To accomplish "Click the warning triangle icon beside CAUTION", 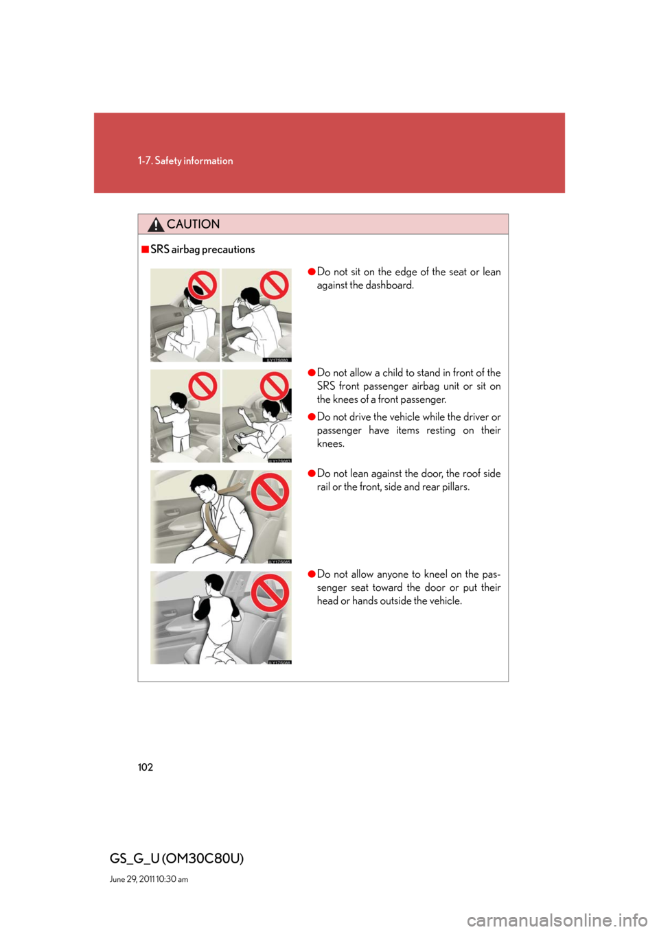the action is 156,224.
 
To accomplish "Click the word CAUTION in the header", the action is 193,224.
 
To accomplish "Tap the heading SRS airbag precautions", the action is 203,250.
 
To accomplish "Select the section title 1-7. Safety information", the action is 185,161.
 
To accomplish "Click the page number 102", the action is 146,767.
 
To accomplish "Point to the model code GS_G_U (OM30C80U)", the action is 177,858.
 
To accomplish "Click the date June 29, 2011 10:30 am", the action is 149,879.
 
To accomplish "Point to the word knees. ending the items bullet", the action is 331,443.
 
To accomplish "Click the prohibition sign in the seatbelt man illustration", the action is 270,492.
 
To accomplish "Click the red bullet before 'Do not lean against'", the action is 311,474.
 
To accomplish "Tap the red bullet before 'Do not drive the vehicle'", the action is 311,417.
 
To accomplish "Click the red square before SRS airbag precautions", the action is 145,250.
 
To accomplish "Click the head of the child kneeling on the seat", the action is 214,585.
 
